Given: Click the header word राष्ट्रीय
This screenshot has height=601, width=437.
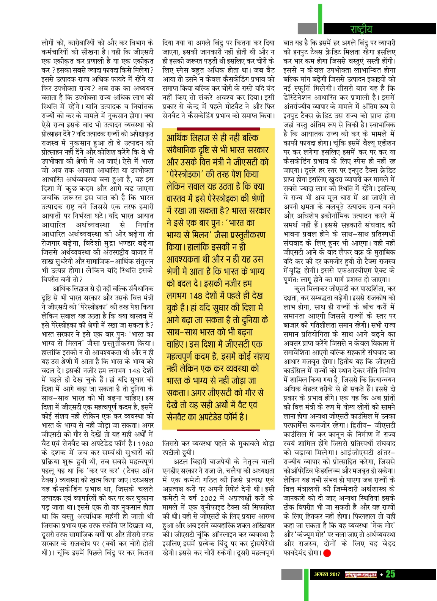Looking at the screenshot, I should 361,29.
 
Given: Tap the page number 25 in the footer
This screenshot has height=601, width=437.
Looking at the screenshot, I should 390,574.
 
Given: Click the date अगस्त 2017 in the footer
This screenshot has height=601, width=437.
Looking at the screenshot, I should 327,574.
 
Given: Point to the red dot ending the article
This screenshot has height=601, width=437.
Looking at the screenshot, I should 327,553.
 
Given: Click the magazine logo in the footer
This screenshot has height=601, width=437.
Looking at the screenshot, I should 360,574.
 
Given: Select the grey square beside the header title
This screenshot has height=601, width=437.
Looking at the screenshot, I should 307,28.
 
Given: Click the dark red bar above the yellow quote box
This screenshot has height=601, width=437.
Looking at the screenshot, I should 218,129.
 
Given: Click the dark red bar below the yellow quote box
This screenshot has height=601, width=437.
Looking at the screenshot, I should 218,430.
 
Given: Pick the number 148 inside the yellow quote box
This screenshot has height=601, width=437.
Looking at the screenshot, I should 196,296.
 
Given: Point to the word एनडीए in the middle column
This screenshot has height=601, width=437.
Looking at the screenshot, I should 171,471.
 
